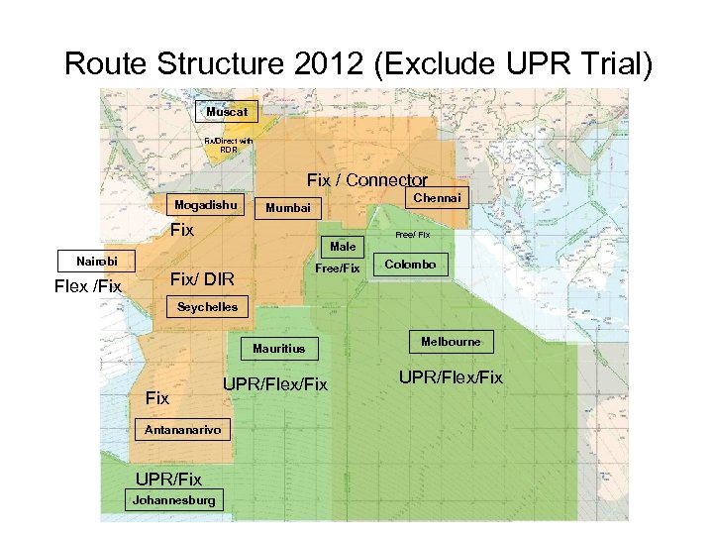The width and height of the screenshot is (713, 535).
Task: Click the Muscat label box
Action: click(227, 112)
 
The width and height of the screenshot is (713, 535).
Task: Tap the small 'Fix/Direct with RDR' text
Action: click(229, 146)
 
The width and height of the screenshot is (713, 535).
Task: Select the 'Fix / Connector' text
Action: click(366, 180)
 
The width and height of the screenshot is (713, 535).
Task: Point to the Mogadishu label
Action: click(206, 205)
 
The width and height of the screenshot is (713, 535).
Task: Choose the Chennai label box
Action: click(437, 198)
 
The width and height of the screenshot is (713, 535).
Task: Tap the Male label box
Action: click(343, 246)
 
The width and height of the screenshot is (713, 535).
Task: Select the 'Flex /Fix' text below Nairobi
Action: click(88, 287)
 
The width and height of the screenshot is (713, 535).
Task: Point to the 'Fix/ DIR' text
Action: click(204, 278)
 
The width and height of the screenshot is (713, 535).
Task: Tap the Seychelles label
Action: click(207, 307)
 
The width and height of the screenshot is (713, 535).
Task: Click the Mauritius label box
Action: click(278, 349)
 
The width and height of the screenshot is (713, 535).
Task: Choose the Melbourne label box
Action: click(451, 342)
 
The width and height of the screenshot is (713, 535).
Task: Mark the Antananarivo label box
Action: click(183, 430)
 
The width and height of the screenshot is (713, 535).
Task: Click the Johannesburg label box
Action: click(173, 500)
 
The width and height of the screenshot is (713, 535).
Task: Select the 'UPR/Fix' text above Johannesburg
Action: click(168, 480)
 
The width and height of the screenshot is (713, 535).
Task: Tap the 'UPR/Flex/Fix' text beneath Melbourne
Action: click(451, 377)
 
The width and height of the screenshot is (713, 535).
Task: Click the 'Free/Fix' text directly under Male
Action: click(338, 268)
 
